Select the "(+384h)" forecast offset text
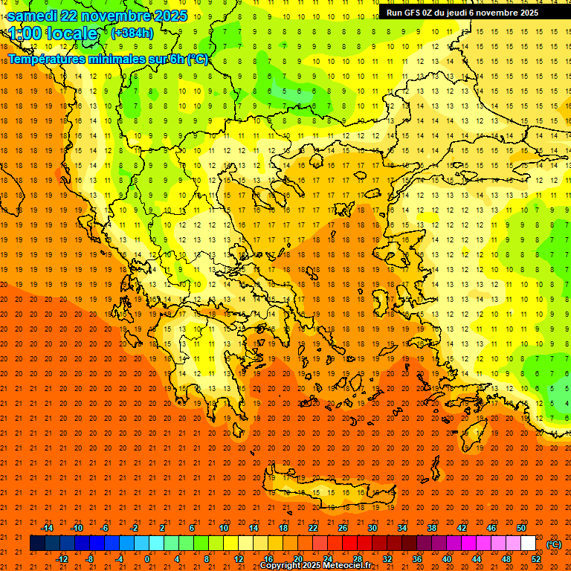click(x=132, y=33)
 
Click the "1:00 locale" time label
click(x=53, y=33)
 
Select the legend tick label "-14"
click(x=47, y=528)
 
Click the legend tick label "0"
click(x=147, y=558)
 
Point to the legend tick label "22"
click(x=313, y=528)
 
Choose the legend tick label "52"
click(x=536, y=558)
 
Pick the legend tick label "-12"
click(x=62, y=558)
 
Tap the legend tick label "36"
click(x=417, y=558)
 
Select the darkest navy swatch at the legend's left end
click(x=37, y=543)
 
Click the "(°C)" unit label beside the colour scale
click(x=554, y=544)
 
